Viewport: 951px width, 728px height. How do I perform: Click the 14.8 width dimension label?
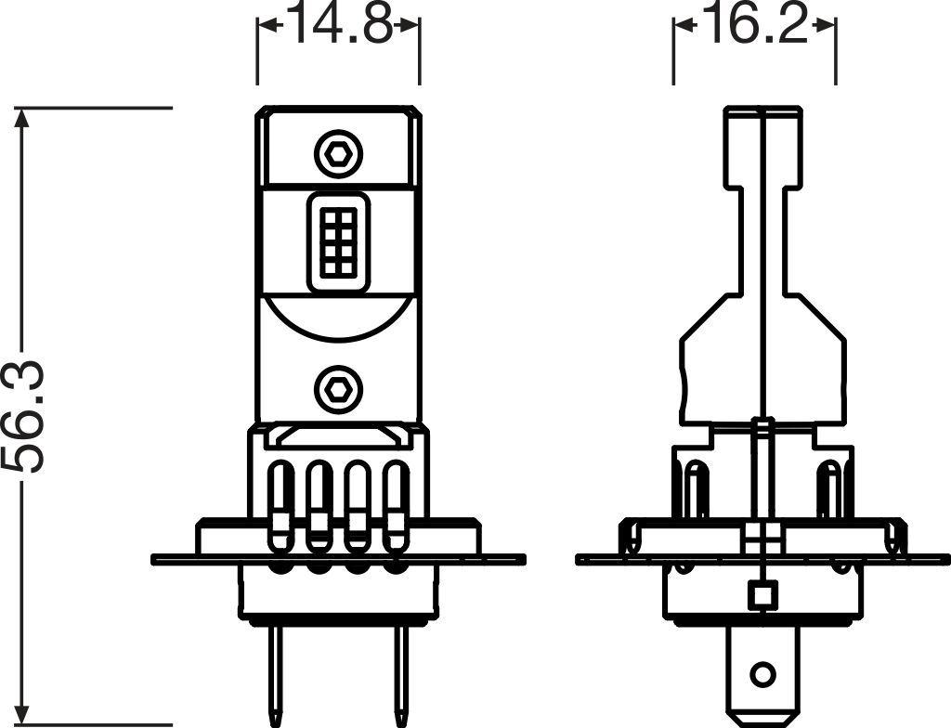click(x=338, y=26)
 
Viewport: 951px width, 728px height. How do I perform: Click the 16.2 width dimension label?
click(x=754, y=26)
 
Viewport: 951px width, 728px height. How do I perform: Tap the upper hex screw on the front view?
click(x=338, y=153)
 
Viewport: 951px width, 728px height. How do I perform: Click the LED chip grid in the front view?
click(x=338, y=240)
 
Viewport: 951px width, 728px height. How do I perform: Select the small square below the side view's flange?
click(x=762, y=593)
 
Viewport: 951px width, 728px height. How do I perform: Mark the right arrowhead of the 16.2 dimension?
click(x=828, y=27)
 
